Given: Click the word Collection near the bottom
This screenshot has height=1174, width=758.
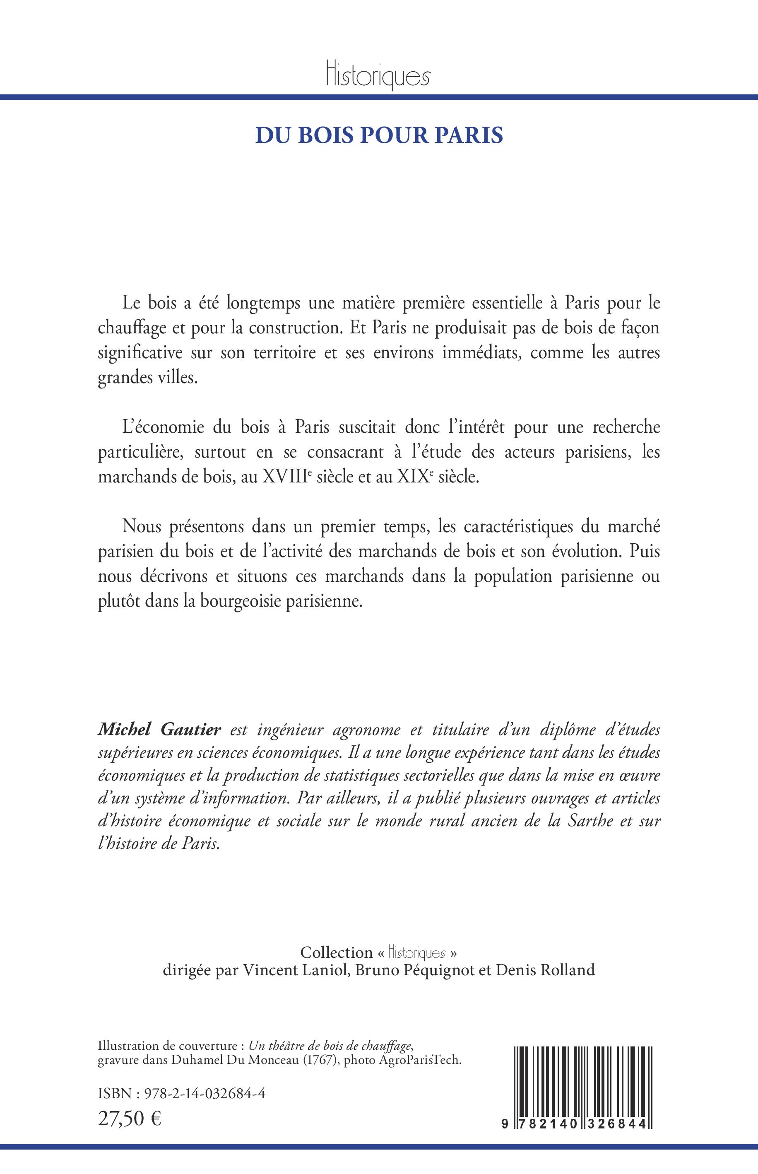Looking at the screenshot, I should point(337,952).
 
